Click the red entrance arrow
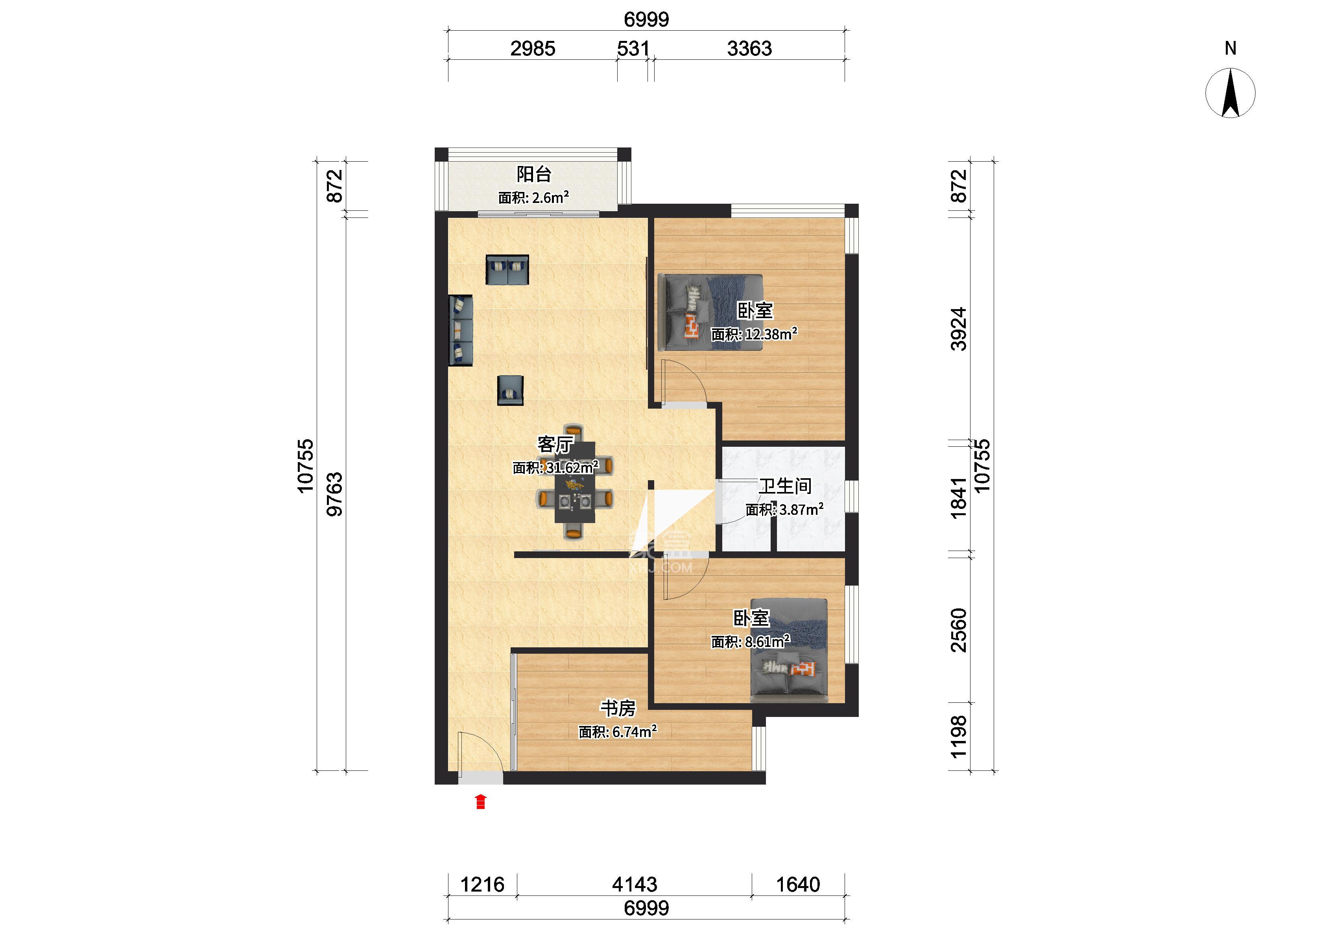click(481, 802)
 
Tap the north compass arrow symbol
click(1231, 93)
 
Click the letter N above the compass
click(1231, 48)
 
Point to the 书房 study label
click(618, 708)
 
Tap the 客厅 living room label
click(555, 444)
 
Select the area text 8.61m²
click(767, 641)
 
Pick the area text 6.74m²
click(635, 731)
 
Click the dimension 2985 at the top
click(533, 48)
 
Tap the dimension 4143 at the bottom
click(635, 884)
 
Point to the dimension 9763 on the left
click(334, 494)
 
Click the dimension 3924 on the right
click(958, 329)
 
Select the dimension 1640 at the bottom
click(798, 884)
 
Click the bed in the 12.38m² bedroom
click(710, 312)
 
